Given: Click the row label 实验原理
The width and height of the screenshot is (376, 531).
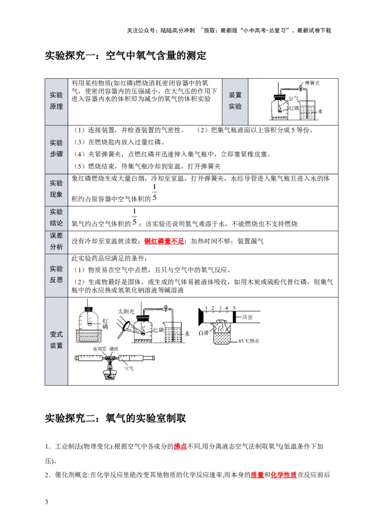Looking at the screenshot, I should pos(56,100).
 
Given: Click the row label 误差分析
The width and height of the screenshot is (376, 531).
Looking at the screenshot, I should pos(56,241).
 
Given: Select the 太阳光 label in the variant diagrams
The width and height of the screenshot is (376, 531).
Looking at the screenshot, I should pos(126,311).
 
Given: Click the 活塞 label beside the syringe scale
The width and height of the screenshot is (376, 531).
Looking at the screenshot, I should pos(248,317).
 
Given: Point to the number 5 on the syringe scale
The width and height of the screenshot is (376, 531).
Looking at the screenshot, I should pos(234,308).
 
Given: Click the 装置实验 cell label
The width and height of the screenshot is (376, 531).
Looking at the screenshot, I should pos(235,100).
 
